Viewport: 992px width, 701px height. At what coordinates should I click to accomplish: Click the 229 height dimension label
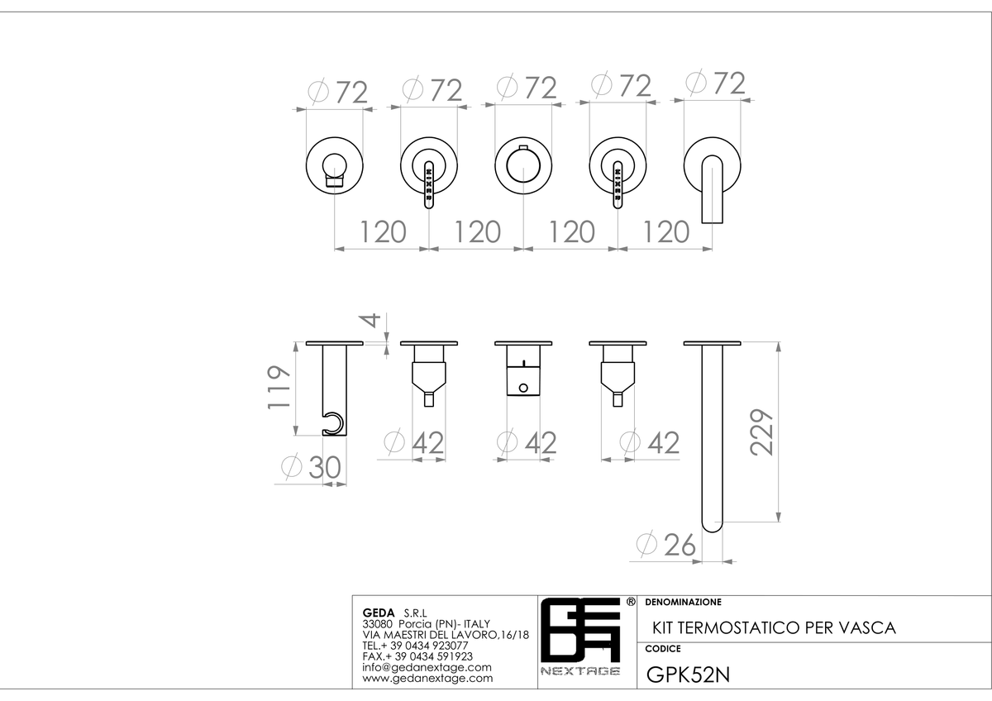coord(761,432)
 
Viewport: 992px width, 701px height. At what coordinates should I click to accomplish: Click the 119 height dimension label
coord(279,388)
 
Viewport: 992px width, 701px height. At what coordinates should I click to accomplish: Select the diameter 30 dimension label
coord(312,467)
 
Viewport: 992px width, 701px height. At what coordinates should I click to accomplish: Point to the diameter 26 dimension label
coord(666,544)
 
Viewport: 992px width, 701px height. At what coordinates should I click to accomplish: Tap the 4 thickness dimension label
coord(372,320)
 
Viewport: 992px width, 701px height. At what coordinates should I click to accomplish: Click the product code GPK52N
coord(688,675)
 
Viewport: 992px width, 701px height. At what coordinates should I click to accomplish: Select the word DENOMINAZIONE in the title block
coord(684,603)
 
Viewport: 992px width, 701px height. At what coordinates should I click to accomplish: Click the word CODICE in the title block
coord(663,649)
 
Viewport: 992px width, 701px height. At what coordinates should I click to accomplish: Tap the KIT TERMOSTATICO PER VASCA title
coord(774,628)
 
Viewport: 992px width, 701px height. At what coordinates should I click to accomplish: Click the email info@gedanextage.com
coord(427,667)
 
